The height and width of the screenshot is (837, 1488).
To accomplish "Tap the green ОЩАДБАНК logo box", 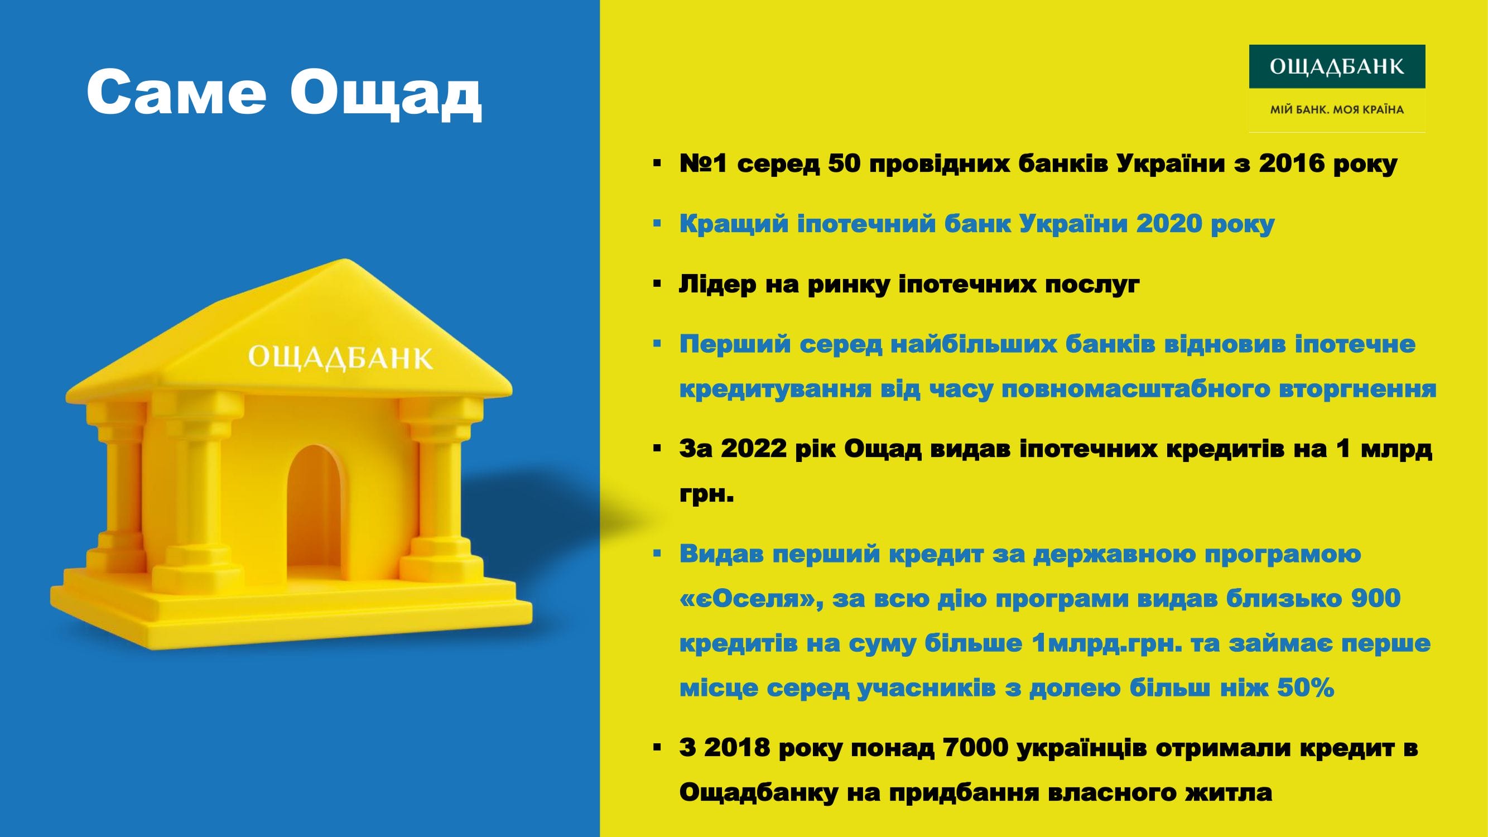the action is (1337, 66).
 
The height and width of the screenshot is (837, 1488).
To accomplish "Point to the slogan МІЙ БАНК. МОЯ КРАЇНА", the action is (1337, 109).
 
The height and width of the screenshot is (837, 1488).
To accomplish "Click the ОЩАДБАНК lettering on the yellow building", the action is (340, 358).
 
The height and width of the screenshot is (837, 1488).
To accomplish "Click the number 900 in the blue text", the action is (1376, 598).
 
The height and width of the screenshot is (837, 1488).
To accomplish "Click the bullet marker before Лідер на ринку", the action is (657, 284).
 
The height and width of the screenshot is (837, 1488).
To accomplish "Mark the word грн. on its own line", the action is (706, 495).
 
